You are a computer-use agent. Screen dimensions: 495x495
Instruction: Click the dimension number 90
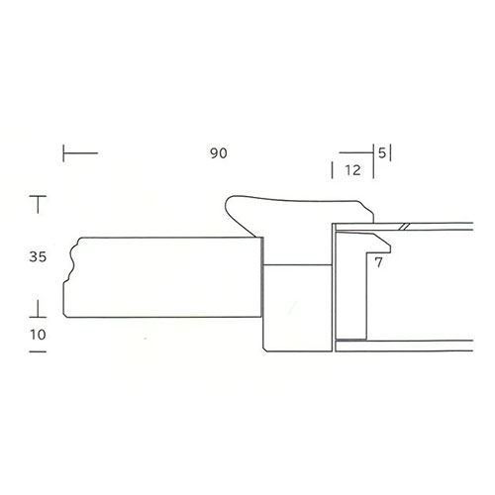(x=219, y=153)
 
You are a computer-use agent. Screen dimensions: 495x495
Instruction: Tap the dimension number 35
(x=38, y=256)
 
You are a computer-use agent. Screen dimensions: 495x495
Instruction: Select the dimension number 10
(x=38, y=335)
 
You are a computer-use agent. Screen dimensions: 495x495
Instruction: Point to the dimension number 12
(x=352, y=170)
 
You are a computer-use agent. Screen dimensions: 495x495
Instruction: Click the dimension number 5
(x=382, y=153)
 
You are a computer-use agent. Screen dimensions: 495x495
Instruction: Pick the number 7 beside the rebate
(x=378, y=262)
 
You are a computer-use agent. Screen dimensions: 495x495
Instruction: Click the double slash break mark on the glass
(x=404, y=227)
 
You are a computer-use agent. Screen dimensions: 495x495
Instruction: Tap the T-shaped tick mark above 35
(x=38, y=204)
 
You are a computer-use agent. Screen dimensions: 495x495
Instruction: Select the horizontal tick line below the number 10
(x=38, y=351)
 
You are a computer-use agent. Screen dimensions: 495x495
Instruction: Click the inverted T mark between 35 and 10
(x=38, y=309)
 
